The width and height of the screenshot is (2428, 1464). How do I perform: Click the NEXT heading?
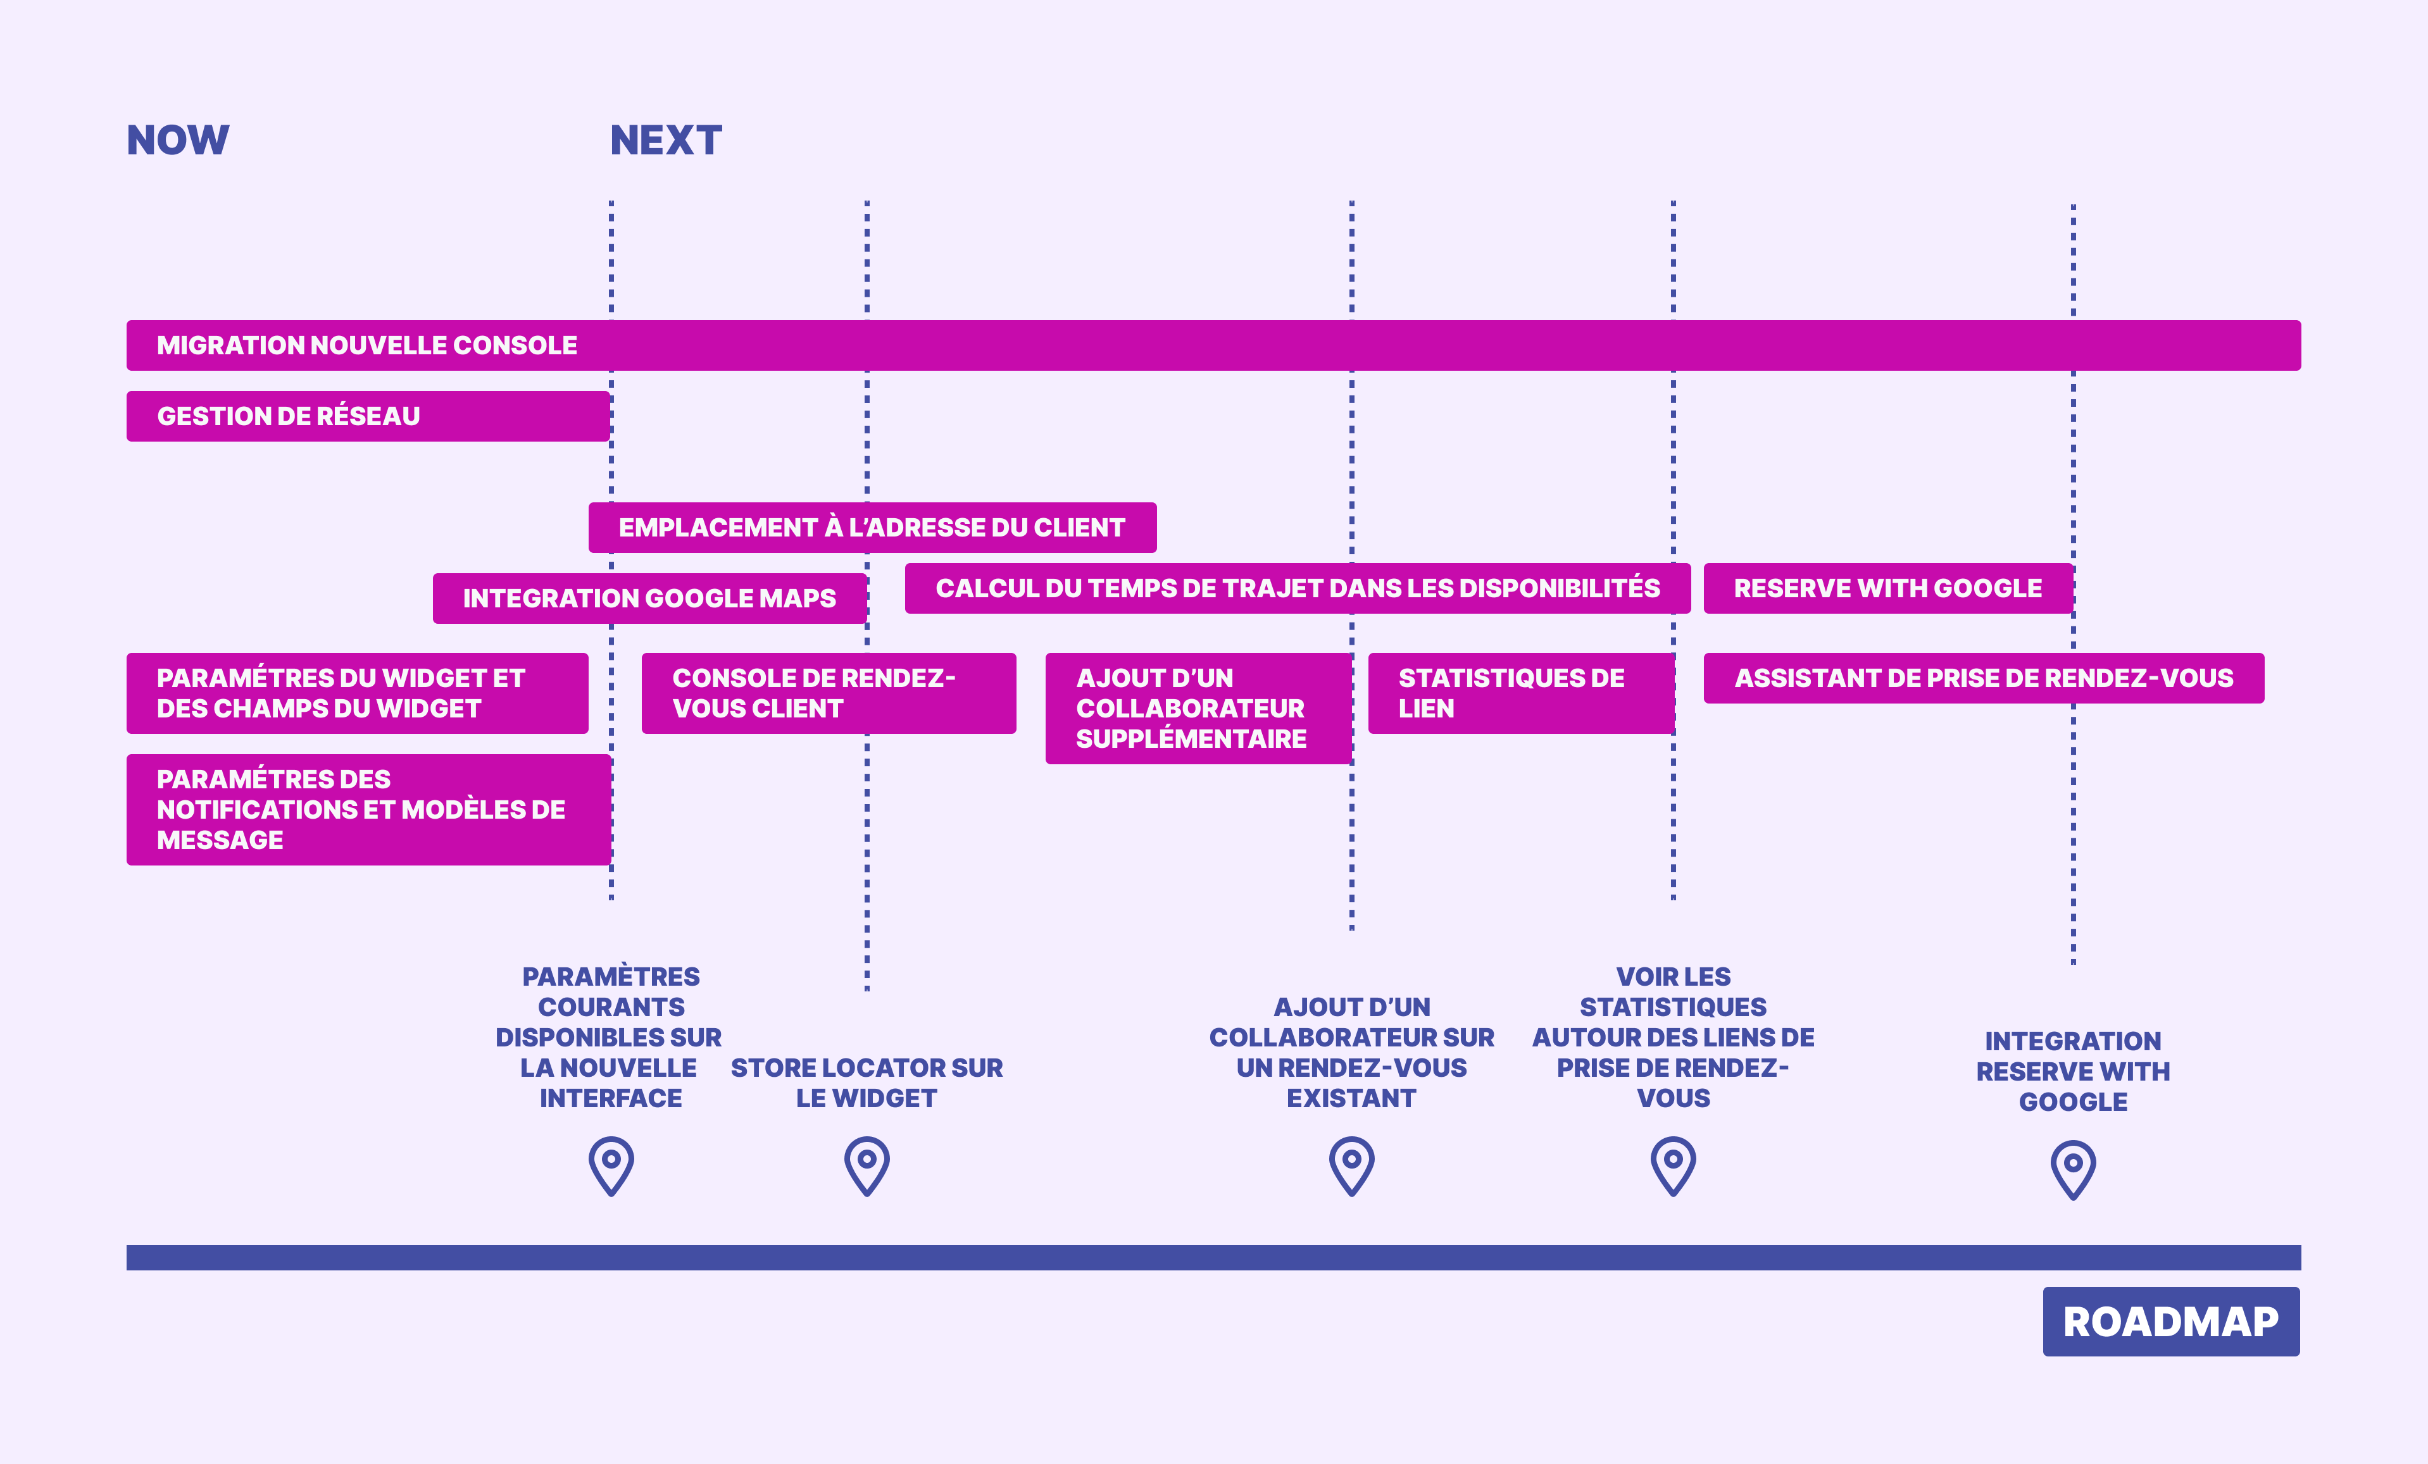tap(666, 140)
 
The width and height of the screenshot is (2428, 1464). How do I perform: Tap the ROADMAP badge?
tap(2171, 1321)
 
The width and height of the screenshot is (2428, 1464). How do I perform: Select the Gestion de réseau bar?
tap(368, 416)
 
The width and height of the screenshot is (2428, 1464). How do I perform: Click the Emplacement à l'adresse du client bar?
tap(872, 527)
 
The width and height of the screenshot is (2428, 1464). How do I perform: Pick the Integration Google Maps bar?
tap(649, 598)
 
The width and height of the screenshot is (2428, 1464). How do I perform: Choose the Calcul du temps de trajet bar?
tap(1298, 588)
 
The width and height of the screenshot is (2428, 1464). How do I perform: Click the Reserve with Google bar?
tap(1888, 588)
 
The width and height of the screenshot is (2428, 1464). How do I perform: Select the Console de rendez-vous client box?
tap(829, 693)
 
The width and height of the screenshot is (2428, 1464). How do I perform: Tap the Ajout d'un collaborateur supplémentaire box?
tap(1198, 709)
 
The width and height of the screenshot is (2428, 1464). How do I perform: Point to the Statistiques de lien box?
tap(1522, 693)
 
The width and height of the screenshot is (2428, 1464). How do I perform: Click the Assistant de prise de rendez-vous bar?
tap(1984, 678)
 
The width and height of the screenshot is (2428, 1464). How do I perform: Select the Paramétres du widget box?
tap(357, 693)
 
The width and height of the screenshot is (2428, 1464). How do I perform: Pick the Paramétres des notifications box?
tap(368, 809)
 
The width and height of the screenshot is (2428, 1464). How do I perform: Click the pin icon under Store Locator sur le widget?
tap(867, 1165)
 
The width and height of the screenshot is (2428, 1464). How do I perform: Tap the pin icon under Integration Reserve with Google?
tap(2074, 1169)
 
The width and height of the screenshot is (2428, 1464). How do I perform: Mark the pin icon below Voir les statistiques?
tap(1673, 1165)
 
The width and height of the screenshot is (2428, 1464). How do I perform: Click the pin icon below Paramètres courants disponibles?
tap(611, 1165)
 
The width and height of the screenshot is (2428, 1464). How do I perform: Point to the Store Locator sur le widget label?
tap(867, 1082)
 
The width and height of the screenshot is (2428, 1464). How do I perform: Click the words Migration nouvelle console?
tap(366, 345)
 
